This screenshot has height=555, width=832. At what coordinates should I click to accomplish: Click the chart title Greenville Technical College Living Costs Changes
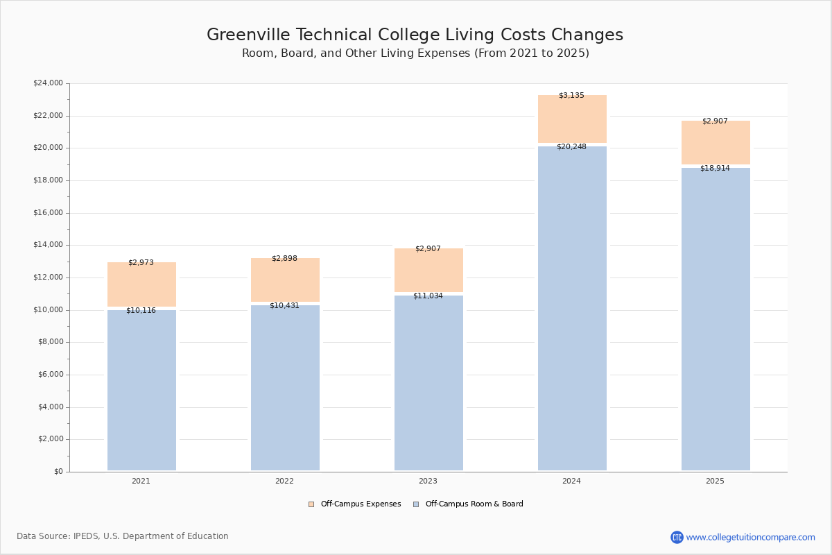tap(415, 35)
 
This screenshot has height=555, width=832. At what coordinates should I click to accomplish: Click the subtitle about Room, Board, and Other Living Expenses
tap(415, 53)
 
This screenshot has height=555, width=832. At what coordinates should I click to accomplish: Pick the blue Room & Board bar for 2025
tap(716, 319)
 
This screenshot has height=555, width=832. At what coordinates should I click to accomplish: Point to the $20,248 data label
tap(571, 147)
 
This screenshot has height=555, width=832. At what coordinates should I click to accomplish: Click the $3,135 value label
tap(571, 96)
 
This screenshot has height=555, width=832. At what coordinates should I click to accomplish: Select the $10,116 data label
tap(141, 311)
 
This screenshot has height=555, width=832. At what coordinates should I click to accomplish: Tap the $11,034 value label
tap(428, 296)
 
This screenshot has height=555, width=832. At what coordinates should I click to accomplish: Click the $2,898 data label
tap(284, 259)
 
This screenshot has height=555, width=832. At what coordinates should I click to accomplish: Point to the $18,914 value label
tap(715, 169)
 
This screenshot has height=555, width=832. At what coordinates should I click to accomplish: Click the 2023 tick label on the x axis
tap(428, 481)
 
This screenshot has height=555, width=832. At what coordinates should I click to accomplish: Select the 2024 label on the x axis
tap(571, 481)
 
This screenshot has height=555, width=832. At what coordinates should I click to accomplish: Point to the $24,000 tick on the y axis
tap(48, 83)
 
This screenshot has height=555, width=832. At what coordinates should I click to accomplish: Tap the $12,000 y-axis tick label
tap(48, 277)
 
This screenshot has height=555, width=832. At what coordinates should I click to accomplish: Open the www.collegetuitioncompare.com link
tap(750, 537)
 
